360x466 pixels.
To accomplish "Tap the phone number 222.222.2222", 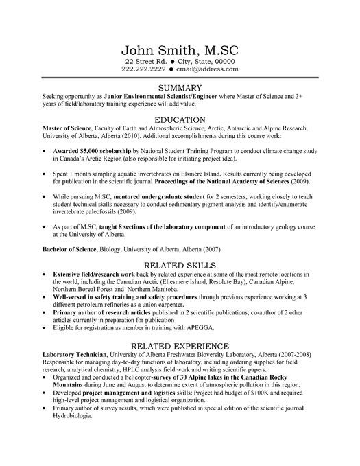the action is click(x=145, y=69).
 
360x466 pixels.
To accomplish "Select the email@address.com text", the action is click(x=206, y=69).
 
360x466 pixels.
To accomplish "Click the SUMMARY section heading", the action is click(x=180, y=87).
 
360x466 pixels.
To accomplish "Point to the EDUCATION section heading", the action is click(x=180, y=119).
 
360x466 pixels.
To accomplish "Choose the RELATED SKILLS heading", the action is click(x=180, y=264).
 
